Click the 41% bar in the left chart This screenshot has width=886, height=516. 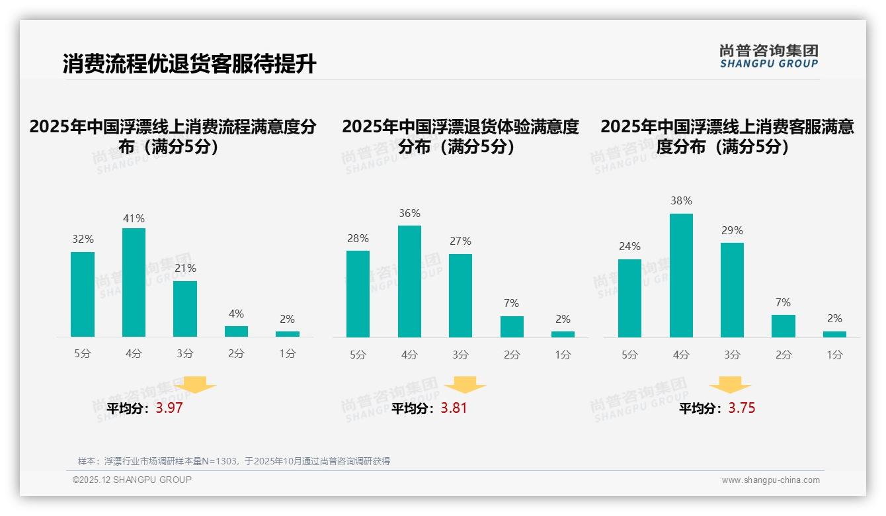[x=134, y=282]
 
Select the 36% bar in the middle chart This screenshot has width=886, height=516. [x=409, y=281]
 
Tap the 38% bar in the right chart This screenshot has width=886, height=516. [x=681, y=275]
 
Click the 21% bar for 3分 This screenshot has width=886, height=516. [x=185, y=309]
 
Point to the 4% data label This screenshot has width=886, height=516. [x=236, y=314]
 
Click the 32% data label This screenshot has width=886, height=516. [x=83, y=239]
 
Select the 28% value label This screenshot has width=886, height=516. [x=358, y=238]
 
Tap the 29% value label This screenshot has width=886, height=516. [x=732, y=230]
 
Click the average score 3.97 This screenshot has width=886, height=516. [x=169, y=408]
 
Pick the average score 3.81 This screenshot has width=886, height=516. [x=454, y=408]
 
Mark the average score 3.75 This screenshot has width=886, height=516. [x=742, y=408]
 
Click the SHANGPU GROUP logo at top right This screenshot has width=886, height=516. [x=768, y=56]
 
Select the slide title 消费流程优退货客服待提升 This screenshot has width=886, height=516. [x=190, y=64]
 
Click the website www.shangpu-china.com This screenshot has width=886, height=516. [x=770, y=480]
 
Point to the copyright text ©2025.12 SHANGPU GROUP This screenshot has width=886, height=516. [x=132, y=480]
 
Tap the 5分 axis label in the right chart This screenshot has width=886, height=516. [x=629, y=355]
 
